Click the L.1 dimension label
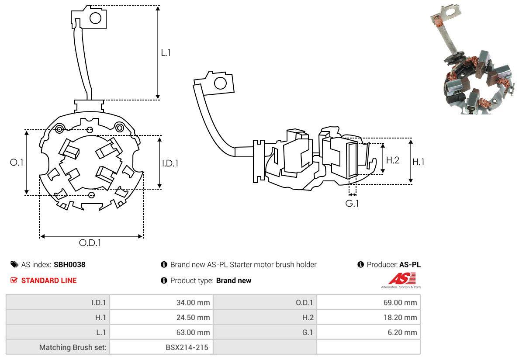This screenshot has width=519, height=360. click(166, 53)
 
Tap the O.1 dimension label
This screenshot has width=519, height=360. click(16, 162)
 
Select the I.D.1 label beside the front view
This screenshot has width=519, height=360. click(170, 163)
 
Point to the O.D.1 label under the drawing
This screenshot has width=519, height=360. click(90, 243)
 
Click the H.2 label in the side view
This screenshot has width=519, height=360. click(393, 160)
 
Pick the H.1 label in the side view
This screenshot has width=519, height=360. click(419, 162)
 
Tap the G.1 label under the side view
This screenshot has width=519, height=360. click(352, 203)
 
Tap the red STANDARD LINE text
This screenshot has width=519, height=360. click(49, 280)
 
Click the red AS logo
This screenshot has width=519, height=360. click(402, 279)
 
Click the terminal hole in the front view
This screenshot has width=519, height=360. click(95, 18)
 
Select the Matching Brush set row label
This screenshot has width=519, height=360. click(73, 347)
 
